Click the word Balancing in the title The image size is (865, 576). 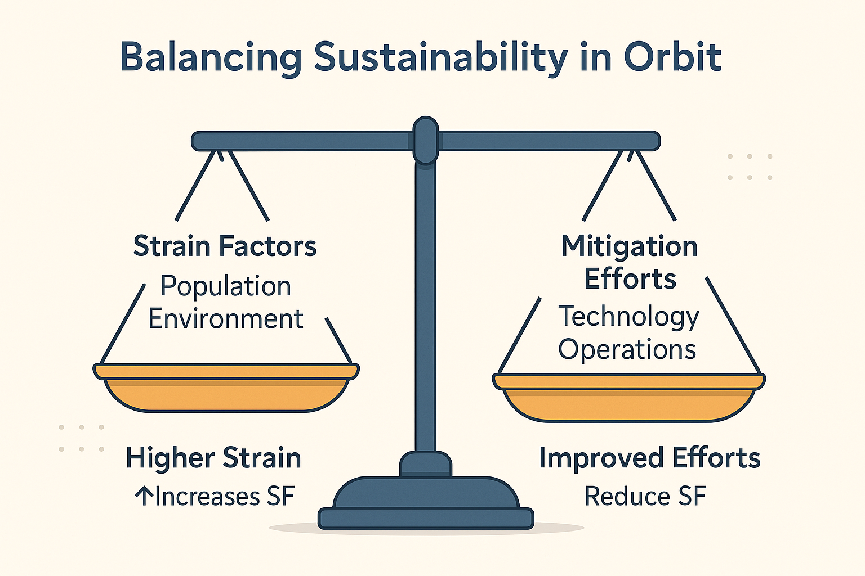211,57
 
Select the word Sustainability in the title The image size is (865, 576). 440,58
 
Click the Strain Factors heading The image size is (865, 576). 225,246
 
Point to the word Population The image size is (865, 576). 226,287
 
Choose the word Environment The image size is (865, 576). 226,319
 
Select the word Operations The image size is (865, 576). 627,349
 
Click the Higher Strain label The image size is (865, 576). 213,458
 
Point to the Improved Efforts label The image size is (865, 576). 649,458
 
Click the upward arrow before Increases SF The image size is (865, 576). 144,496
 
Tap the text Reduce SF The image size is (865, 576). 645,496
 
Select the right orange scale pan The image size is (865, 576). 628,398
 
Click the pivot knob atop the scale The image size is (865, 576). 425,141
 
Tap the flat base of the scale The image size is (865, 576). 426,519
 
